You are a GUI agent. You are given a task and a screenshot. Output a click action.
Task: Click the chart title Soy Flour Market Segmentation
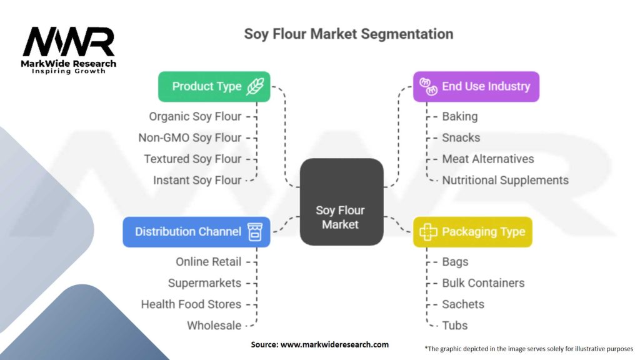pos(348,33)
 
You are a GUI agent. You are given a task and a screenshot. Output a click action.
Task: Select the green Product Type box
pos(214,86)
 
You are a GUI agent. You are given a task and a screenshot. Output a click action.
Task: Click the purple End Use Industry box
pos(476,86)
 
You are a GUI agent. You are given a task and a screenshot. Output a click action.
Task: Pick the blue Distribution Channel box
pos(196,231)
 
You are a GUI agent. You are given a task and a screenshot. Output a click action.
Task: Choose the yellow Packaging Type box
pos(472,232)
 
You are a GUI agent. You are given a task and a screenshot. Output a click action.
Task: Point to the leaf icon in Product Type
pos(255,87)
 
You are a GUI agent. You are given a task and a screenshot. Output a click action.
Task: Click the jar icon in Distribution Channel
pos(255,231)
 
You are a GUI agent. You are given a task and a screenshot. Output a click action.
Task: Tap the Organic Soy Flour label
pos(195,116)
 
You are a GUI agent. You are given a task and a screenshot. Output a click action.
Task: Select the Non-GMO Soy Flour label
pos(190,137)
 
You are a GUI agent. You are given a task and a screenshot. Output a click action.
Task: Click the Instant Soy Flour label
pos(197,180)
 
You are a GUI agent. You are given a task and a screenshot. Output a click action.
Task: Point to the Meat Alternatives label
pos(488,159)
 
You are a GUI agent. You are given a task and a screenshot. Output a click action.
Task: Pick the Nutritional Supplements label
pos(505,180)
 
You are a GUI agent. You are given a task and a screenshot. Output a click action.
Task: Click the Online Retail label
pos(208,262)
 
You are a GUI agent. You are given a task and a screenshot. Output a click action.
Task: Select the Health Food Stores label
pos(191,304)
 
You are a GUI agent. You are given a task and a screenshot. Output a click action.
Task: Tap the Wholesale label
pos(214,326)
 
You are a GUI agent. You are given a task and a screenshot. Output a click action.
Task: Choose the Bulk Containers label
pos(483,283)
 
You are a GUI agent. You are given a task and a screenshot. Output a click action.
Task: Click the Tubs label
pos(454,326)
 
